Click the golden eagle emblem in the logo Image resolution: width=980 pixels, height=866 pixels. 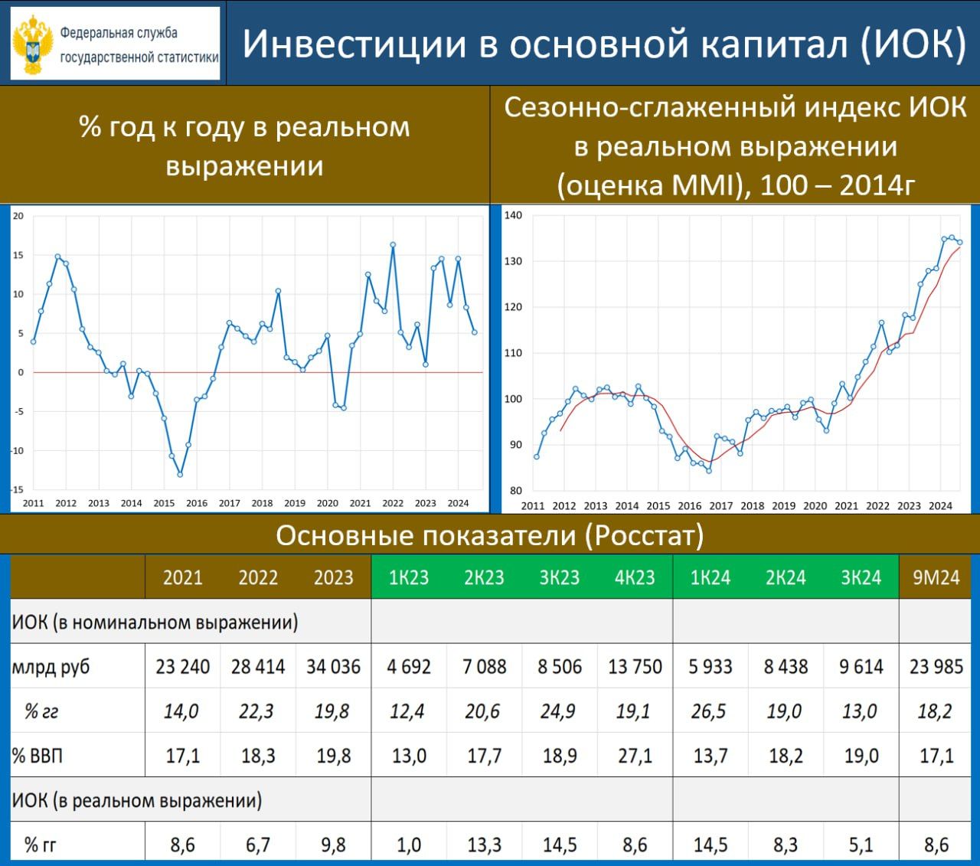pos(32,44)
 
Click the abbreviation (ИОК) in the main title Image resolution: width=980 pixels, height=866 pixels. pos(913,44)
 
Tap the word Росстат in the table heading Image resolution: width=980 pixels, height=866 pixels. pos(645,535)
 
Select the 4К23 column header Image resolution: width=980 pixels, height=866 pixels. pos(635,577)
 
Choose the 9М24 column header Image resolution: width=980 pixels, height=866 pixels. pos(936,577)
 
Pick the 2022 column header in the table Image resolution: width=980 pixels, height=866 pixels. pos(258,577)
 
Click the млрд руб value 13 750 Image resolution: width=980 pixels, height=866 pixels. pos(635,666)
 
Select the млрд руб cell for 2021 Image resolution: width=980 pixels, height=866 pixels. pos(182,666)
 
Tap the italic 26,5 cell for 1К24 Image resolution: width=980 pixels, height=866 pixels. pos(709,711)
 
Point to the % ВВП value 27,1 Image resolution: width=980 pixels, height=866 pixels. pos(635,755)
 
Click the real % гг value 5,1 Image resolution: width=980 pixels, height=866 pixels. pos(861,845)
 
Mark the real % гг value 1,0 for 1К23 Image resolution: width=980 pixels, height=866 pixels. pos(409,845)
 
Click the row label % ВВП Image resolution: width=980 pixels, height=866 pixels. pos(38,755)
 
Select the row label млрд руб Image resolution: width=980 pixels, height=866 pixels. pos(51,667)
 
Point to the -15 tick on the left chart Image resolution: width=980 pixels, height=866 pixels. pos(18,489)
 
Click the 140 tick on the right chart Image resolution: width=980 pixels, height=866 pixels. pos(513,215)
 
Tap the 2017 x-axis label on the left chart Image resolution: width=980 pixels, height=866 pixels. pos(229,503)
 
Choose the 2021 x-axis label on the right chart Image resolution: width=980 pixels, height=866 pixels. pos(847,506)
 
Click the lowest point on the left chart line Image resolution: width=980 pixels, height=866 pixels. pos(180,475)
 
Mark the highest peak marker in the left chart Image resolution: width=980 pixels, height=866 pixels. pos(393,245)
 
